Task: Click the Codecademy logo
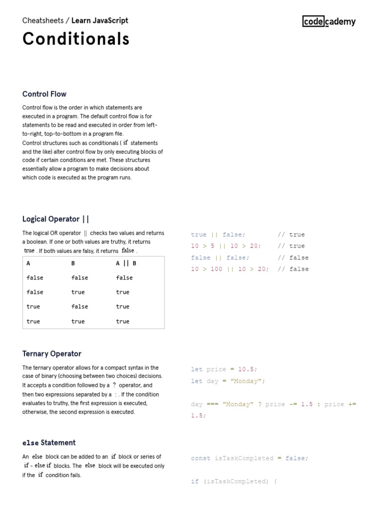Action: pos(329,21)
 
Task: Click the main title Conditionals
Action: pos(76,39)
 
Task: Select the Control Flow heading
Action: pos(44,94)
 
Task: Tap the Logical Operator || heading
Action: pos(56,219)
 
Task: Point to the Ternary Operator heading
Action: pos(52,354)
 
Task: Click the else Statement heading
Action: pos(49,442)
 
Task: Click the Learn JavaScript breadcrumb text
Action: pos(99,20)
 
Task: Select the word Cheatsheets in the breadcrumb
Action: pos(43,20)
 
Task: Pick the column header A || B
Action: pos(126,263)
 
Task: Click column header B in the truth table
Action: pos(73,263)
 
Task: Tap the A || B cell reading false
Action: pos(124,278)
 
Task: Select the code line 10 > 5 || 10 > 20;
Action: pos(226,246)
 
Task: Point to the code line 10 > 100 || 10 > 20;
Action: pos(230,269)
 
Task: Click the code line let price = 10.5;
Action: pos(224,369)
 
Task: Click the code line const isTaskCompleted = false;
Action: pos(249,458)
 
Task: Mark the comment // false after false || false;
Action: pos(293,257)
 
